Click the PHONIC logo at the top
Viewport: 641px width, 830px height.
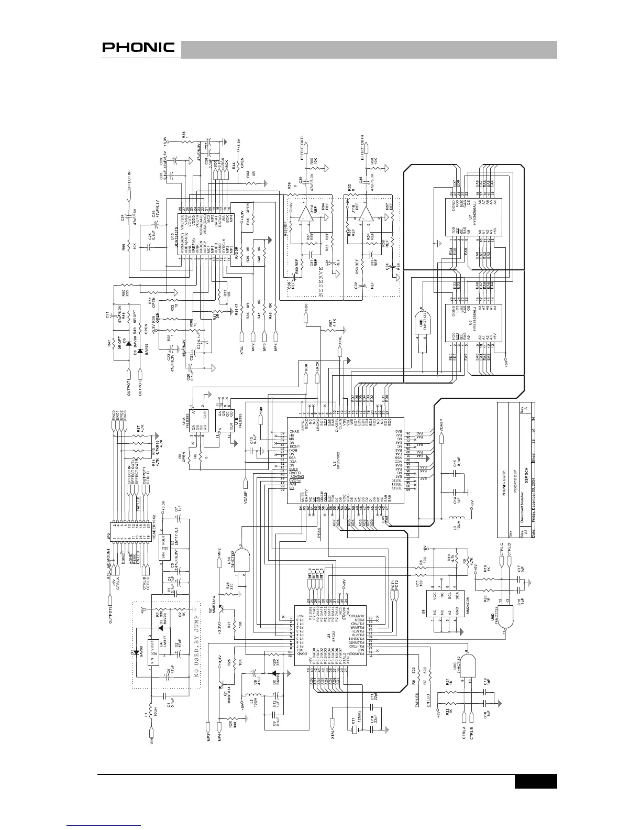(138, 47)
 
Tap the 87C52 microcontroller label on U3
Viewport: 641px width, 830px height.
(328, 636)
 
